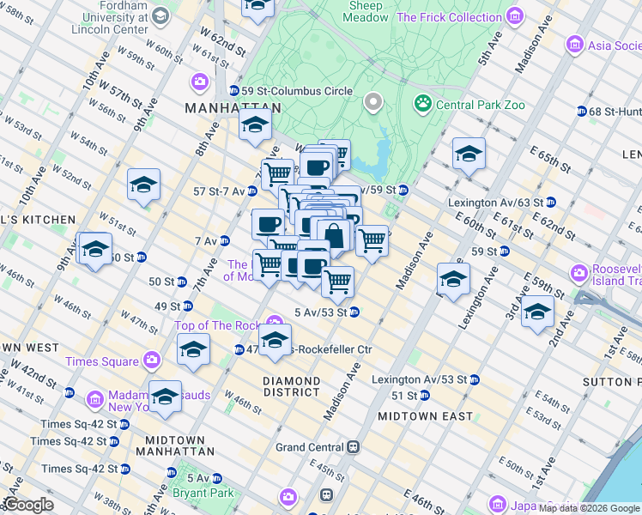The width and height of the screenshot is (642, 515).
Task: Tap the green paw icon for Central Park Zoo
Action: tap(422, 105)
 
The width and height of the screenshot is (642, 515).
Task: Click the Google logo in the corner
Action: tap(27, 505)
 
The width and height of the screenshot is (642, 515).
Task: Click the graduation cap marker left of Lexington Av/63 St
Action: tap(469, 154)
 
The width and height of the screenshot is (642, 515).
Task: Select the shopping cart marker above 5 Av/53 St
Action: tap(338, 281)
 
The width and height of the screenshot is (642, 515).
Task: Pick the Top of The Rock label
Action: tap(216, 325)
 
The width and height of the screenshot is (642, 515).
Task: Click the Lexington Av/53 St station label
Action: tap(419, 379)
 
